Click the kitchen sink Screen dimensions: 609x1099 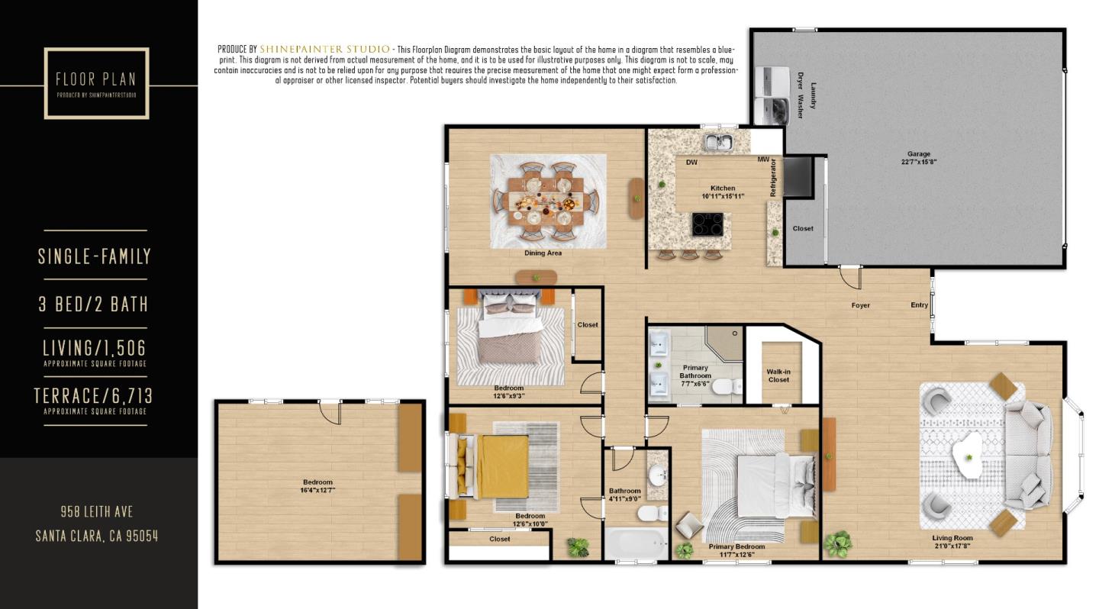(x=717, y=141)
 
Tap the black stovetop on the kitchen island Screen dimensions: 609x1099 (x=708, y=224)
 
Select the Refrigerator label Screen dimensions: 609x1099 (x=773, y=178)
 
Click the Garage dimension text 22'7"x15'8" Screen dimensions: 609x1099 (x=918, y=162)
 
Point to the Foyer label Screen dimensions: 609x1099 (x=860, y=305)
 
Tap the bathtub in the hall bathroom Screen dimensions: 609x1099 (x=636, y=544)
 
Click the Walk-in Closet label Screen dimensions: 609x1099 (x=778, y=375)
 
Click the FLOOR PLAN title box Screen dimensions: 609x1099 (x=96, y=83)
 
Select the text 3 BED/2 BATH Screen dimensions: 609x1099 (x=93, y=304)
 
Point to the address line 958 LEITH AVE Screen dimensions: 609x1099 (x=97, y=511)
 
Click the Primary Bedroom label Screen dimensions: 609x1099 (x=736, y=546)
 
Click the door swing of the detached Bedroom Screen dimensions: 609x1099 (x=330, y=412)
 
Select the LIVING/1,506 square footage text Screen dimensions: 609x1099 (x=94, y=348)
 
